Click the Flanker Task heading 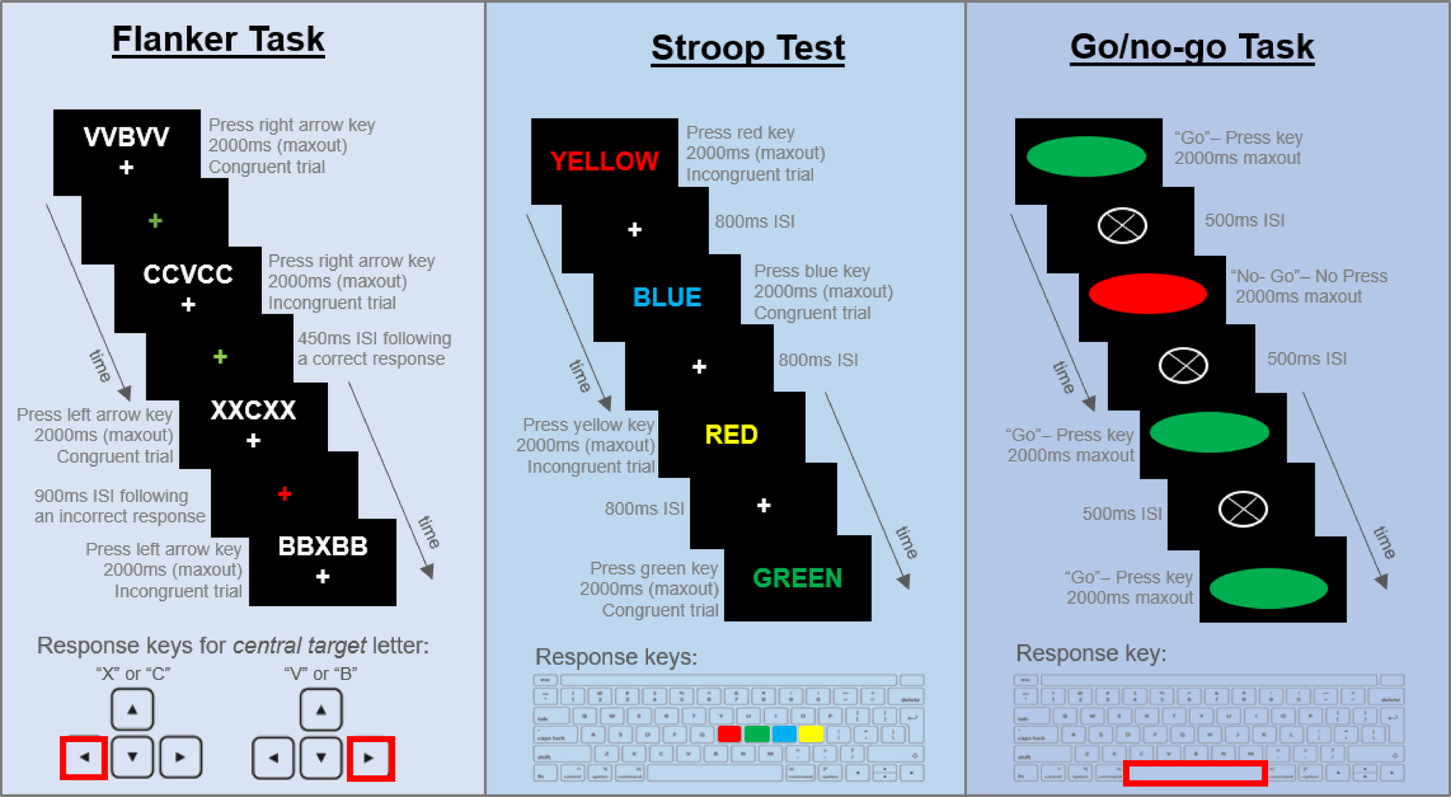tap(218, 40)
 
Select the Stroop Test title tap(747, 49)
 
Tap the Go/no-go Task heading tap(1192, 47)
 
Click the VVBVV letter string tap(126, 136)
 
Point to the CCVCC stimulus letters tap(188, 274)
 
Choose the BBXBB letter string tap(322, 546)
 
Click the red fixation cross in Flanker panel tap(284, 493)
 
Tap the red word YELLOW tap(604, 161)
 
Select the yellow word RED tap(731, 434)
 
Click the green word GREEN tap(797, 578)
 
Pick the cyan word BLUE tap(667, 297)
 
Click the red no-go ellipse tap(1147, 294)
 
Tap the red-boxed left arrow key tap(84, 758)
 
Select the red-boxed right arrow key tap(370, 758)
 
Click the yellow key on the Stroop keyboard tap(811, 733)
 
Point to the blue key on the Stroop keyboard tap(784, 733)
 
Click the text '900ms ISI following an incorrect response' tap(119, 506)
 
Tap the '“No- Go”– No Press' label tap(1309, 276)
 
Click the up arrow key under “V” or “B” tap(321, 710)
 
